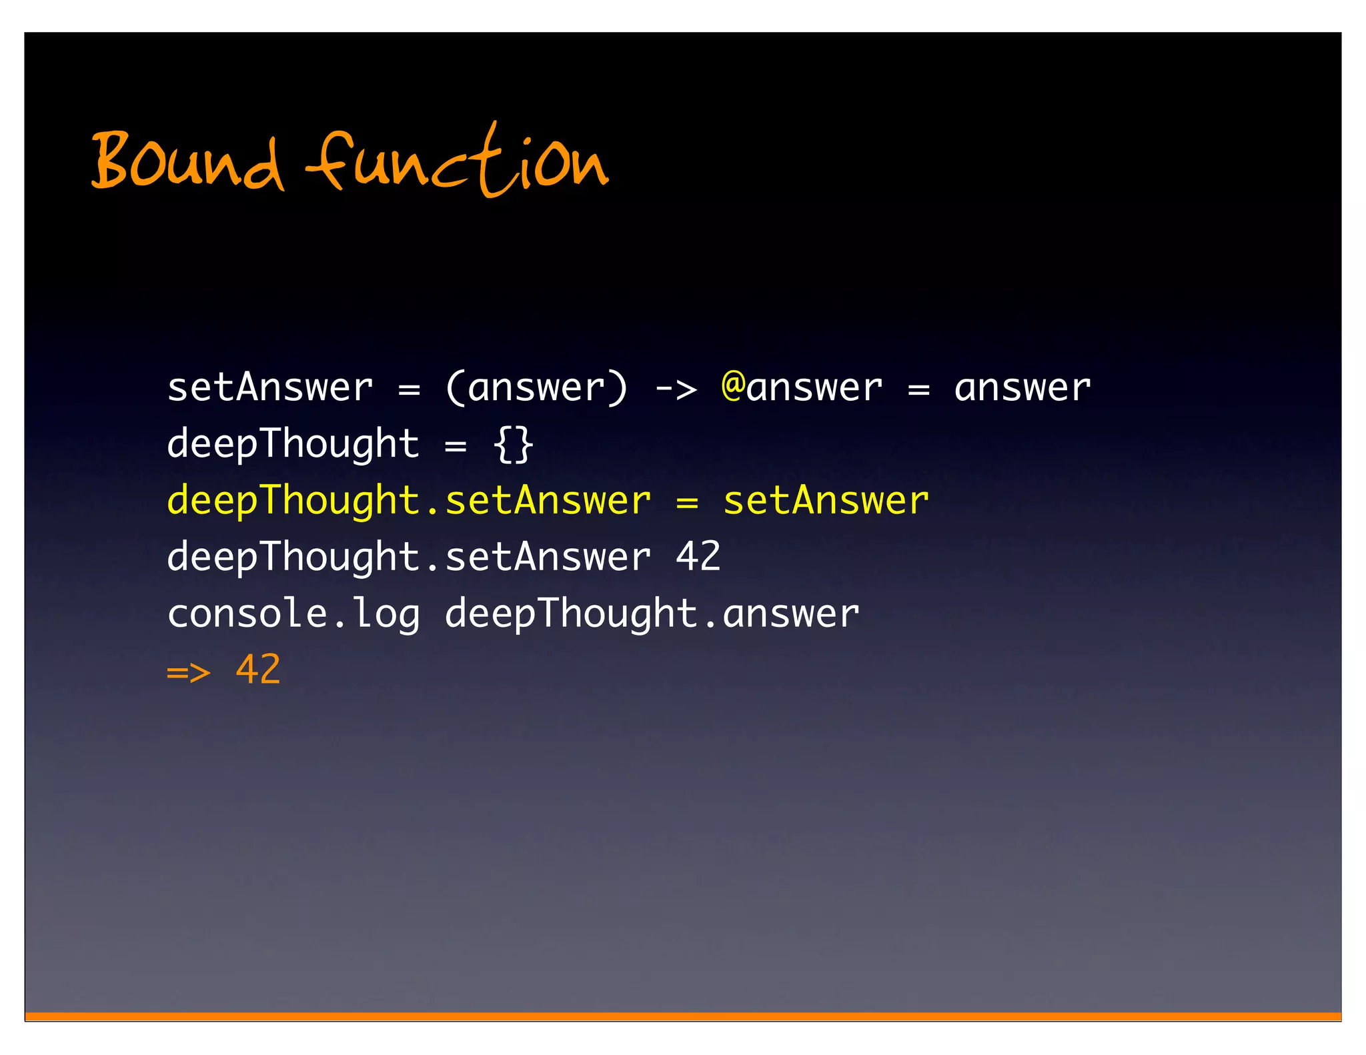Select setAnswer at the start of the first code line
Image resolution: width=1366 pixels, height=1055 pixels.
coord(269,387)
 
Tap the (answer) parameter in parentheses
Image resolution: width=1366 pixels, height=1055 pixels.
coord(536,387)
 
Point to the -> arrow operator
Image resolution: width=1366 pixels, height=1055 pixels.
coord(675,389)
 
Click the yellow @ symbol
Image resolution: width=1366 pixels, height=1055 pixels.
coord(733,386)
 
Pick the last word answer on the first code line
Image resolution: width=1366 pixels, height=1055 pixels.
coord(1022,387)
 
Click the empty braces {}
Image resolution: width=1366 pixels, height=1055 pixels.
coord(513,444)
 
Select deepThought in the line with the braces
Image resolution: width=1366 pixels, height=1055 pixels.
coord(293,444)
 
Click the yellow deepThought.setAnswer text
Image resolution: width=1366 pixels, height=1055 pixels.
coord(408,501)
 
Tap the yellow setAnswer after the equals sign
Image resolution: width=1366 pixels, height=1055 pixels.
coord(826,501)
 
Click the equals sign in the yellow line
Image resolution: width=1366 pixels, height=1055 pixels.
coord(686,502)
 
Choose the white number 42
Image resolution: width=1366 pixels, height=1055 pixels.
coord(698,557)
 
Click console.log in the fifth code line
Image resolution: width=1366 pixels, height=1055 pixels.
coord(293,614)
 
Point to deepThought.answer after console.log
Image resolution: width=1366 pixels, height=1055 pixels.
coord(652,614)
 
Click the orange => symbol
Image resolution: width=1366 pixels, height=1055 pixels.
coord(189,671)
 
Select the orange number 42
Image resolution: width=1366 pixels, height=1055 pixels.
coord(258,670)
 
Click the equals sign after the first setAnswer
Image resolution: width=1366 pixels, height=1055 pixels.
coord(409,389)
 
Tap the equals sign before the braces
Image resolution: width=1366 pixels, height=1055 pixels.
coord(456,445)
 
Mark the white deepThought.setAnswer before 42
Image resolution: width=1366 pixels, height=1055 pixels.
coord(408,557)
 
